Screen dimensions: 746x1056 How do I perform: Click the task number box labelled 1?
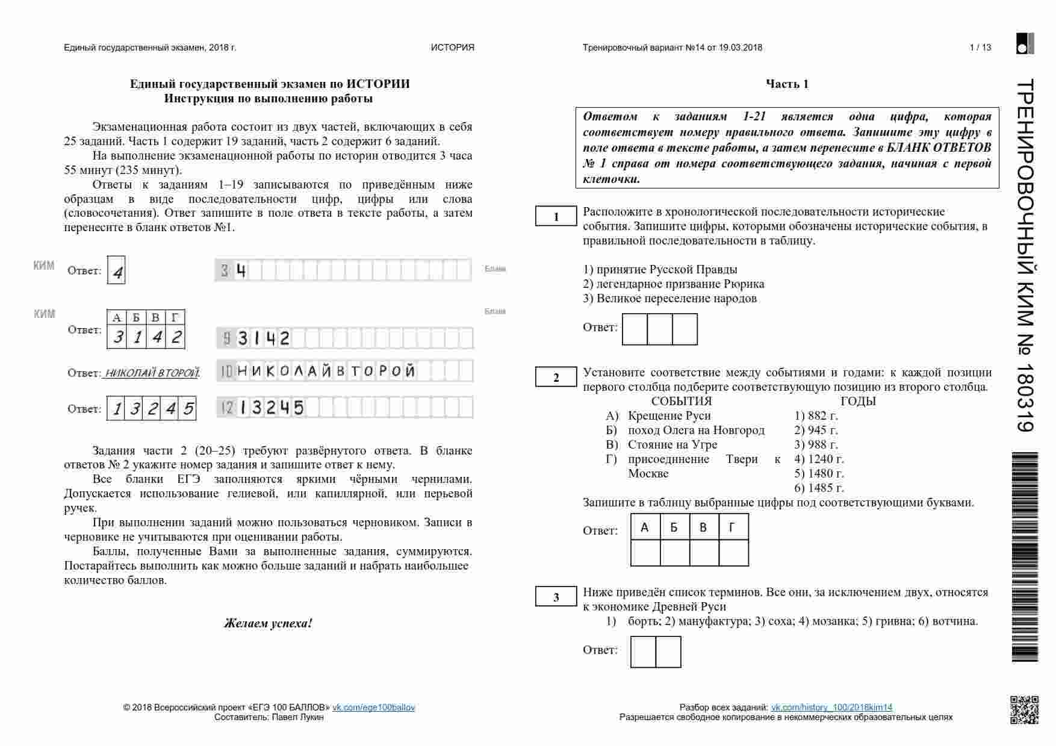(x=556, y=217)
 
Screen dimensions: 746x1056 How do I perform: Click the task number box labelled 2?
(x=556, y=378)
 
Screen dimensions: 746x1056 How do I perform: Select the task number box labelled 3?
(x=556, y=597)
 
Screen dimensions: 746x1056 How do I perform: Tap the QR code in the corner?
(x=1024, y=709)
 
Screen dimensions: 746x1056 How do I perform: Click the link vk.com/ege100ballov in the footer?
(x=373, y=707)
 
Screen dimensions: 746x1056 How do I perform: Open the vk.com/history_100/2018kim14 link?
(x=831, y=707)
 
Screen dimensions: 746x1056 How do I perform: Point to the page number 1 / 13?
(x=980, y=48)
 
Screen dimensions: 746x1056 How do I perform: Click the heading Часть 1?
(x=787, y=84)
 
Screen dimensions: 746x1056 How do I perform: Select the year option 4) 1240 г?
(x=819, y=459)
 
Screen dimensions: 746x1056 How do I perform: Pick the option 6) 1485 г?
(x=819, y=488)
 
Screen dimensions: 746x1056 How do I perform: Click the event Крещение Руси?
(x=669, y=415)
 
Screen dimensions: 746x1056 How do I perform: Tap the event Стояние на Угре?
(x=672, y=444)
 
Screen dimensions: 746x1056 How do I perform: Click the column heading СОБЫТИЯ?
(x=682, y=401)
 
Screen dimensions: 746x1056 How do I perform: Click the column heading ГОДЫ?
(x=858, y=401)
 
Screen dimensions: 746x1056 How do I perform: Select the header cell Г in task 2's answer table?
(x=732, y=527)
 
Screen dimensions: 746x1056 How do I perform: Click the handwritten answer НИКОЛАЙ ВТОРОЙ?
(x=152, y=373)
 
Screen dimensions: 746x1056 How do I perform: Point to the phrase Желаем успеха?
(x=268, y=623)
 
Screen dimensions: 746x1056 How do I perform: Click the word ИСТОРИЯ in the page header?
(x=452, y=48)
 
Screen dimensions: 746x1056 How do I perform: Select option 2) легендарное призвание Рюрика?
(x=673, y=284)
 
